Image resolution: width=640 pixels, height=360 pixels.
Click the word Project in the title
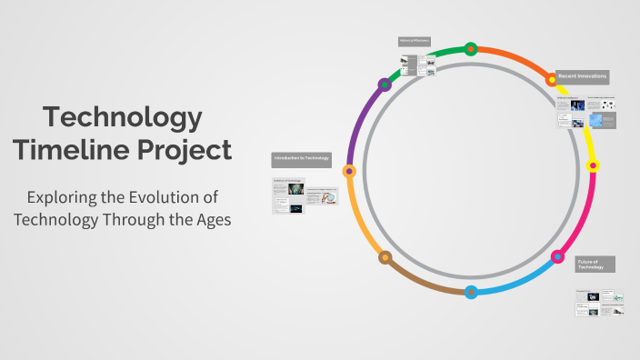[185, 148]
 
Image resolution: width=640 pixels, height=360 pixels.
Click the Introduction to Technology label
[302, 159]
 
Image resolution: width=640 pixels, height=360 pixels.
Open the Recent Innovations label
[583, 75]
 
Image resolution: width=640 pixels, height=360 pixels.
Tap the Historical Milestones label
[414, 40]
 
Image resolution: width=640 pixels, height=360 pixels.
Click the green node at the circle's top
[471, 49]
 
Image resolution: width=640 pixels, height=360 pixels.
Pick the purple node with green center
[385, 84]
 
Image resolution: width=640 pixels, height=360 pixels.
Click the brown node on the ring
[385, 257]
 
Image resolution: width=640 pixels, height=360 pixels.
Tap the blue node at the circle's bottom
[471, 292]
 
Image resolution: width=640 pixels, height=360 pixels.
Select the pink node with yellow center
[593, 166]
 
